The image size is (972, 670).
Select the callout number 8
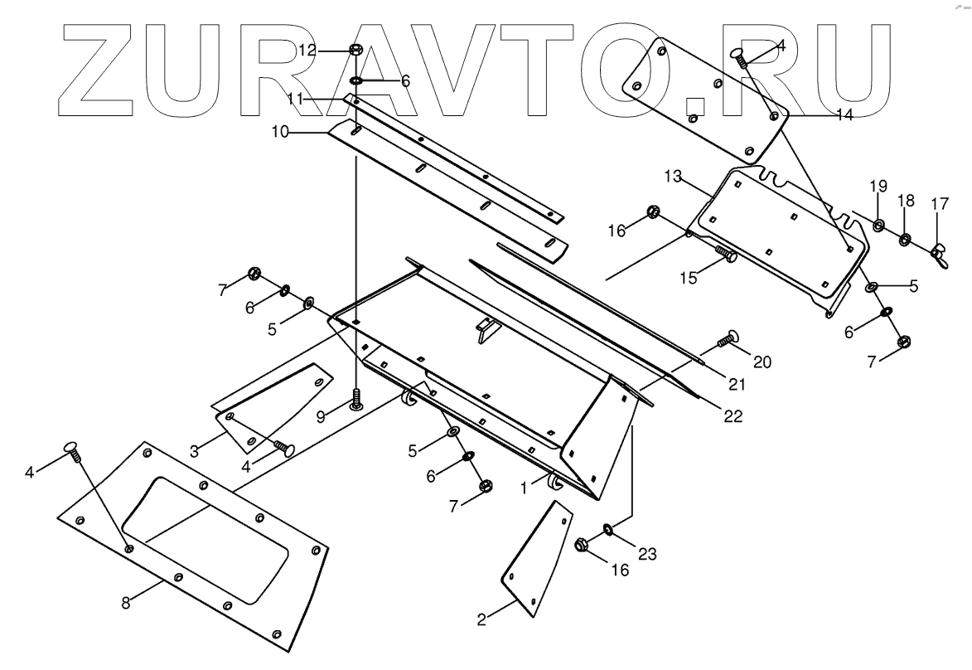[x=126, y=603]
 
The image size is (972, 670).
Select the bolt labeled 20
[x=728, y=337]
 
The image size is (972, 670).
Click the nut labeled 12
[x=355, y=50]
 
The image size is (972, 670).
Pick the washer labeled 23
[x=608, y=528]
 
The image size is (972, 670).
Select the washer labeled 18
[x=904, y=240]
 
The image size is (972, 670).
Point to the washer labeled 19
[x=878, y=226]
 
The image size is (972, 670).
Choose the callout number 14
[x=844, y=115]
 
